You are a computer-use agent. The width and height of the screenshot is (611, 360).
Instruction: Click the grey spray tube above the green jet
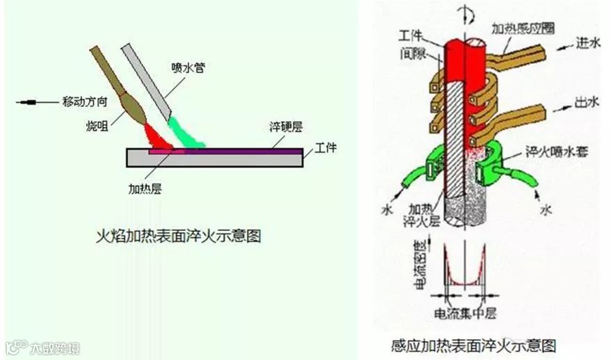click(146, 80)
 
